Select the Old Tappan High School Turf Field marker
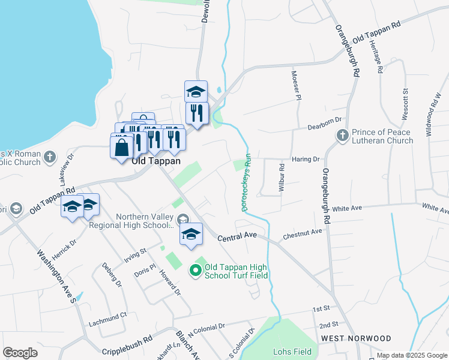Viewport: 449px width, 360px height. click(195, 271)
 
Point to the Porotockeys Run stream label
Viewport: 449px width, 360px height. click(246, 182)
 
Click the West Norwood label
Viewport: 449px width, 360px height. click(356, 338)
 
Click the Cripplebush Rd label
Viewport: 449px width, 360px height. click(127, 352)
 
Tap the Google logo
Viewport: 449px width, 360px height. click(20, 353)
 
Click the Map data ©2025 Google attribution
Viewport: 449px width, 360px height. click(412, 355)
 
